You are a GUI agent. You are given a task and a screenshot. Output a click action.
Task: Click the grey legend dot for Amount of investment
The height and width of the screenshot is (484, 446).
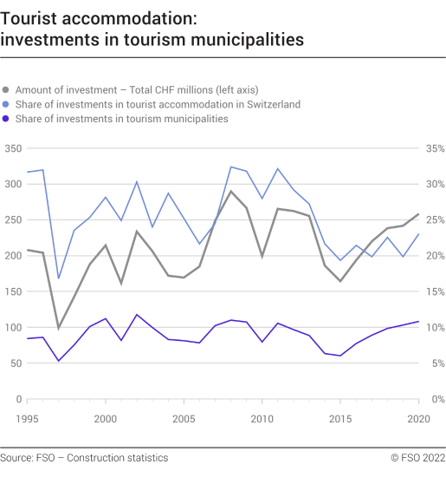pyautogui.click(x=7, y=89)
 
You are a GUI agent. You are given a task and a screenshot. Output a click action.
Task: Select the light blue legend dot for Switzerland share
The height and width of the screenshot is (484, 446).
pyautogui.click(x=7, y=104)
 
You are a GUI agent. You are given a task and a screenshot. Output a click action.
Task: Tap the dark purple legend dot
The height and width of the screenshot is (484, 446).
pyautogui.click(x=7, y=119)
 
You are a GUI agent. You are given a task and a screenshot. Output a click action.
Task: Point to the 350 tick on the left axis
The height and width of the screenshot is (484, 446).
pyautogui.click(x=12, y=148)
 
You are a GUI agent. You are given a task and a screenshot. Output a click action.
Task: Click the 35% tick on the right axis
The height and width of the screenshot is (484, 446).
pyautogui.click(x=433, y=148)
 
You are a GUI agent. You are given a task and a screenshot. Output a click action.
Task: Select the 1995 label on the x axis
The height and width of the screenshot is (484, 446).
pyautogui.click(x=28, y=418)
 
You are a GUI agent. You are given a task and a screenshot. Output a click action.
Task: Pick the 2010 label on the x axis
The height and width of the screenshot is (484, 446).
pyautogui.click(x=262, y=418)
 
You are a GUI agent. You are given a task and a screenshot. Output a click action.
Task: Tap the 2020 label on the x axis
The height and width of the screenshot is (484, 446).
pyautogui.click(x=417, y=418)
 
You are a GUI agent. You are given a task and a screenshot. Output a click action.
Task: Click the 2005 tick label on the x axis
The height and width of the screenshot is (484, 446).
pyautogui.click(x=184, y=418)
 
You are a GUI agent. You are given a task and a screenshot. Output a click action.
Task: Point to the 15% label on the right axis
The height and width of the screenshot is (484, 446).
pyautogui.click(x=433, y=291)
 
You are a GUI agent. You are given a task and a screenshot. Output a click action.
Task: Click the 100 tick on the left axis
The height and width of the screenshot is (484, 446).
pyautogui.click(x=12, y=327)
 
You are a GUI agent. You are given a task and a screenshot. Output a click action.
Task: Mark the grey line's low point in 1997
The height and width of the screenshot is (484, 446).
pyautogui.click(x=59, y=328)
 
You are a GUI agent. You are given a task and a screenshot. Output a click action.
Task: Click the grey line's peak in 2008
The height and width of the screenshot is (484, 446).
pyautogui.click(x=230, y=191)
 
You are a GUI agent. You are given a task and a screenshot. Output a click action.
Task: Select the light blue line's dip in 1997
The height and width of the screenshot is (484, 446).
pyautogui.click(x=59, y=278)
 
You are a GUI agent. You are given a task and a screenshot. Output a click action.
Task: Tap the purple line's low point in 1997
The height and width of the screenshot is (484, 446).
pyautogui.click(x=59, y=361)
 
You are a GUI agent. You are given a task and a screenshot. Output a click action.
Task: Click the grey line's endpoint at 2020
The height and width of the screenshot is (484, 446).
pyautogui.click(x=418, y=214)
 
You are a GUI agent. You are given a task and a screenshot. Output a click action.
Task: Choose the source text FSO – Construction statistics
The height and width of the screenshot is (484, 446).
pyautogui.click(x=84, y=457)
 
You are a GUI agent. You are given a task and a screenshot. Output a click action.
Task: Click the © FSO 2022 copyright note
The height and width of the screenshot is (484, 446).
pyautogui.click(x=417, y=457)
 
